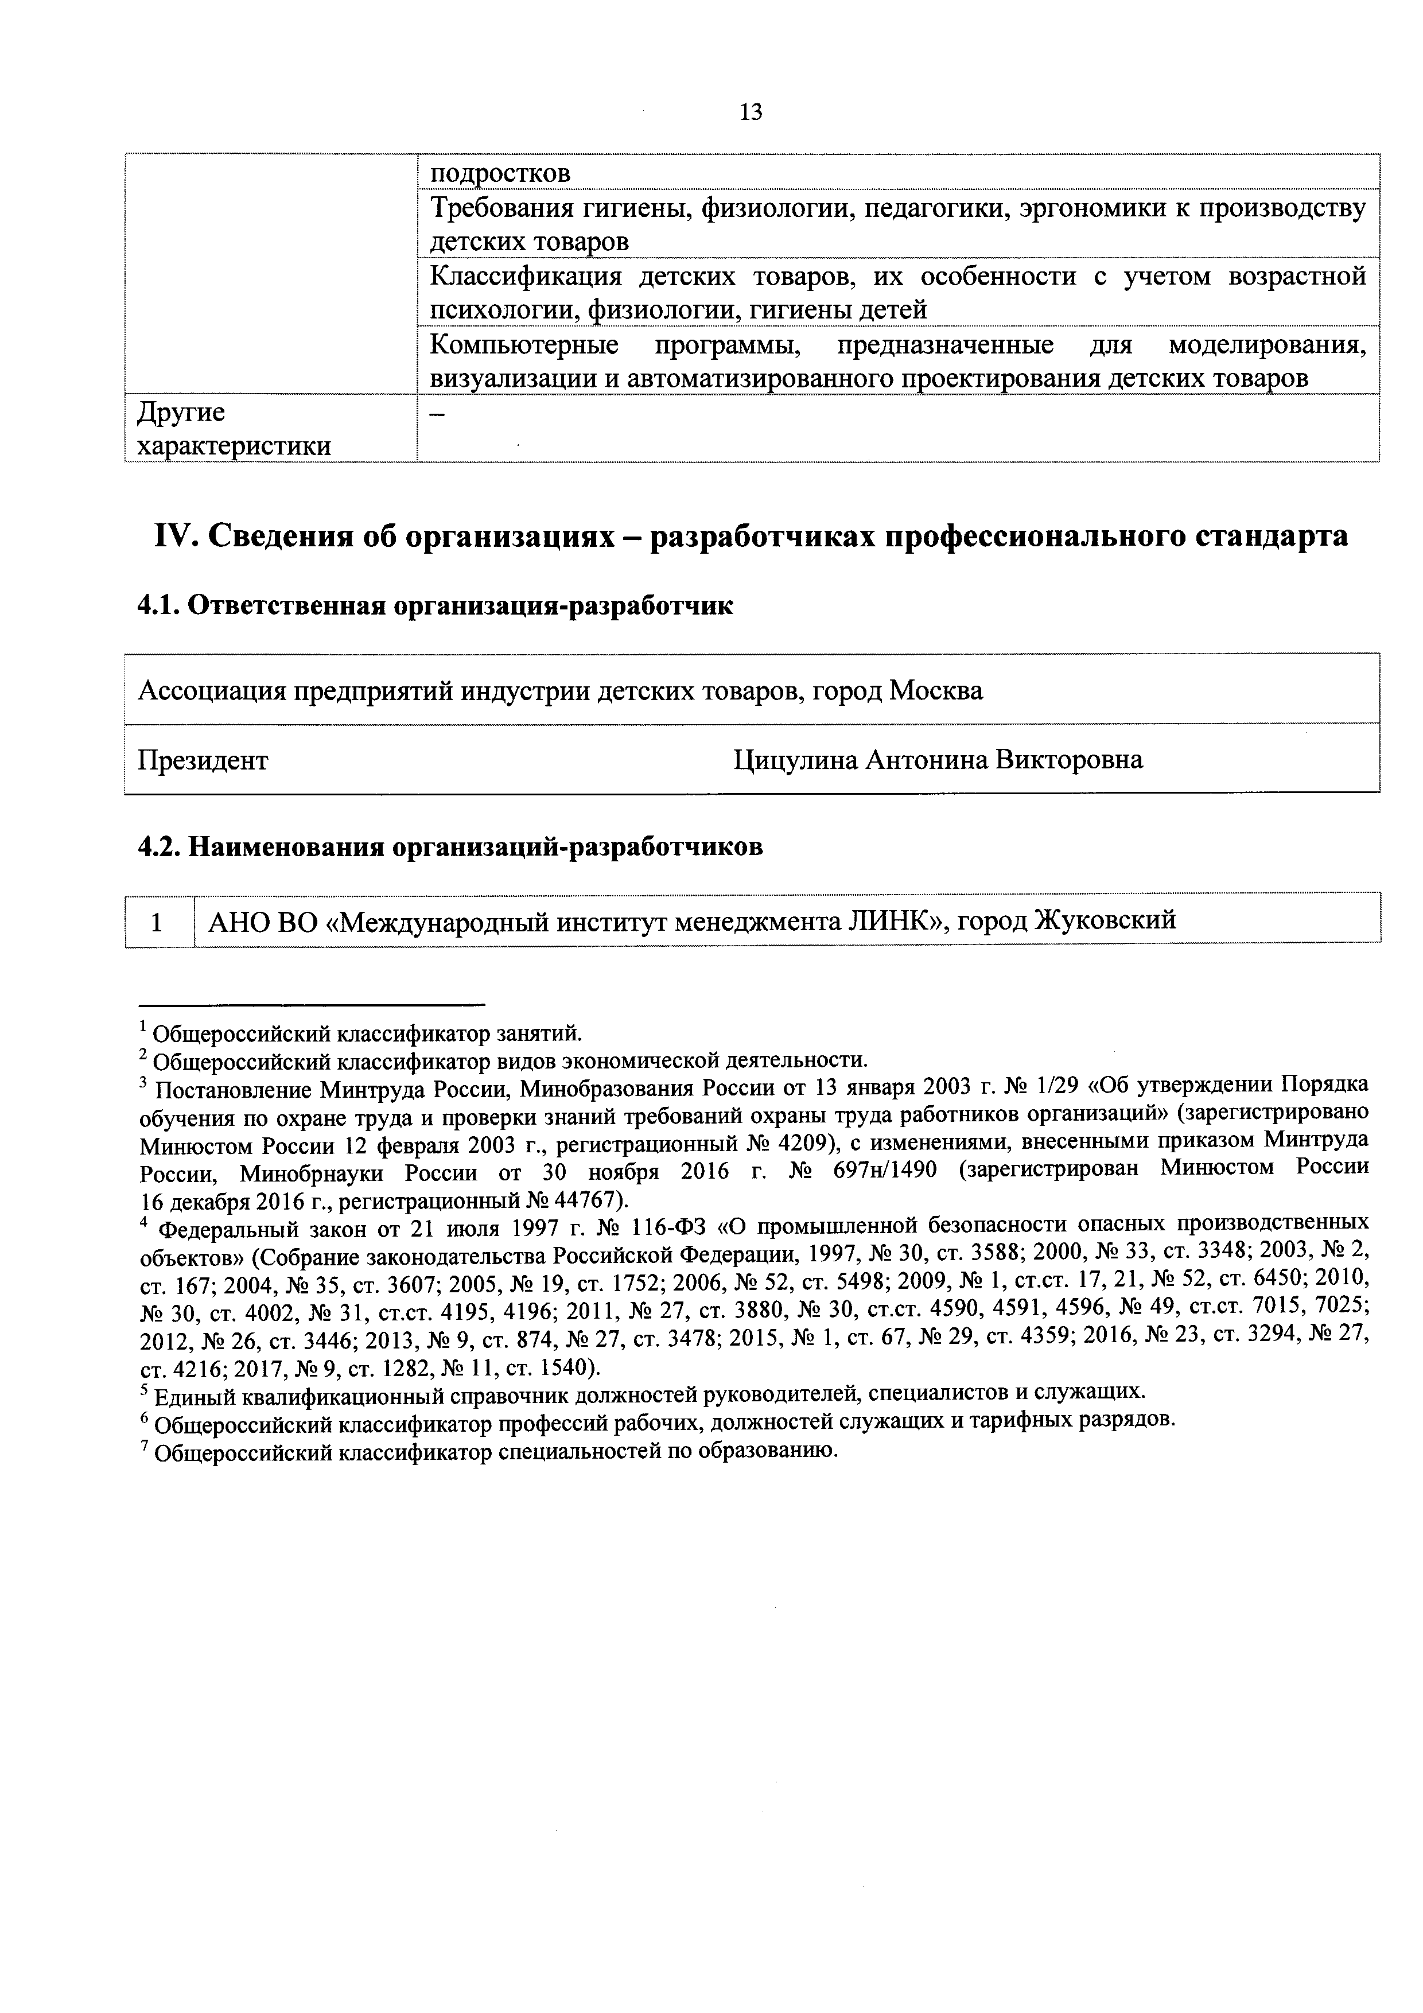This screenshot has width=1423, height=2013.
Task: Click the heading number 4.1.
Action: click(158, 606)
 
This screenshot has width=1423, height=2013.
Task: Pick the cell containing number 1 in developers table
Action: click(158, 922)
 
